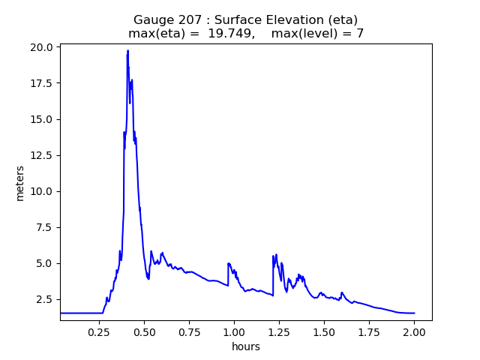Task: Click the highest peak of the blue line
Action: tap(128, 50)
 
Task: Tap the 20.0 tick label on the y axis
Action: tap(43, 47)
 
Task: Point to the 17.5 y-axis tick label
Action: tap(43, 83)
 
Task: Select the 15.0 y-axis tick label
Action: tap(43, 119)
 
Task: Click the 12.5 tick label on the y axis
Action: tap(43, 155)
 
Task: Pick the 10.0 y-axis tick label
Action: tap(43, 191)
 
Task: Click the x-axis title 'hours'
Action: tap(246, 346)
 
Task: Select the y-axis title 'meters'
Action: tap(20, 183)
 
